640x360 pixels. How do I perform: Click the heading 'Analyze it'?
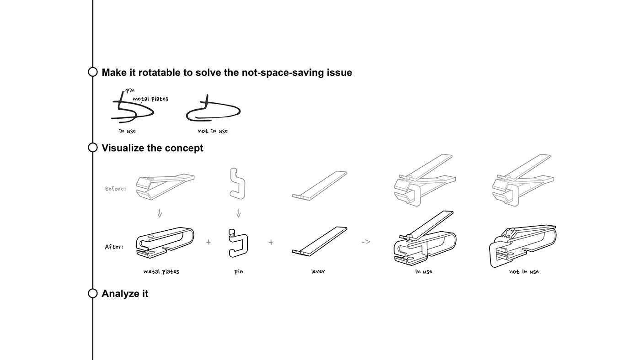(125, 294)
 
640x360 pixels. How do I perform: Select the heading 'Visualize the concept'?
(152, 148)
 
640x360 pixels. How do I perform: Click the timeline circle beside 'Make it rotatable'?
(93, 72)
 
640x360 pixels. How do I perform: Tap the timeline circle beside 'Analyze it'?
(93, 293)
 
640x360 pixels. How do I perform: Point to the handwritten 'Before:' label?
(115, 188)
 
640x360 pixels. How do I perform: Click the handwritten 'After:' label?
(114, 247)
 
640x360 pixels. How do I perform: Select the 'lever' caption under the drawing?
(318, 271)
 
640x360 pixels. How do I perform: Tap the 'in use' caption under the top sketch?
(127, 131)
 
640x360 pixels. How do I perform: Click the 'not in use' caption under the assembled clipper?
(524, 271)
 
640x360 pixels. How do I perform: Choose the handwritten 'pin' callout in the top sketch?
(130, 90)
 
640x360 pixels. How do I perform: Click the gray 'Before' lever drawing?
(320, 185)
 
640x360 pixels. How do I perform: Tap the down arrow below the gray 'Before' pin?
(238, 213)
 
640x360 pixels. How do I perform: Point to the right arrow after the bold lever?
(366, 242)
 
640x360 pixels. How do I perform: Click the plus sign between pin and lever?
(271, 242)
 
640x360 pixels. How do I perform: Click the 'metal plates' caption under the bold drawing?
(161, 271)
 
